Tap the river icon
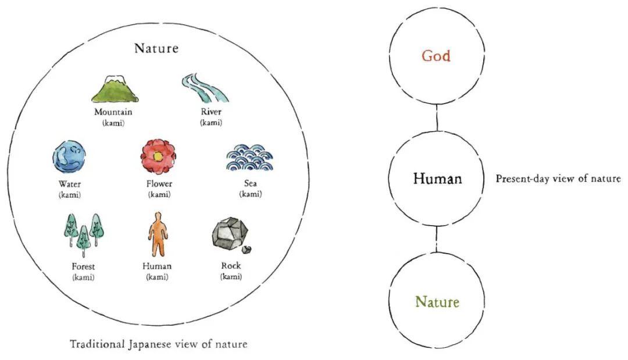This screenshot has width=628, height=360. (x=204, y=88)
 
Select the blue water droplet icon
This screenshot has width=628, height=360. (x=69, y=158)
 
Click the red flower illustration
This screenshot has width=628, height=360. (x=158, y=156)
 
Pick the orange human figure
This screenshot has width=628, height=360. (x=158, y=234)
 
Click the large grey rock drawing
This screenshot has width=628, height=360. (x=230, y=233)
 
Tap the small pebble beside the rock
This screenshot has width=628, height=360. (x=247, y=250)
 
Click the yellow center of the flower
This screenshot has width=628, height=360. (x=158, y=156)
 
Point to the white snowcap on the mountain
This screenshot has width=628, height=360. (x=115, y=79)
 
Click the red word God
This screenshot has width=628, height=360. (x=436, y=56)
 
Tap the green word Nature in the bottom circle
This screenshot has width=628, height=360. (x=437, y=302)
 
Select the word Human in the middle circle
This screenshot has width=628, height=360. (x=437, y=178)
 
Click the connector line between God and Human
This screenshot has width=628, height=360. (x=437, y=117)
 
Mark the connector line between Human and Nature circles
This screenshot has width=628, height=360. (x=437, y=239)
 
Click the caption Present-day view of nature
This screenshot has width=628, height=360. (x=558, y=179)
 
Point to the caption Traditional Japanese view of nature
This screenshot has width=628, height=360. (x=159, y=344)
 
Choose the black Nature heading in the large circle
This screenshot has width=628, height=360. (x=156, y=48)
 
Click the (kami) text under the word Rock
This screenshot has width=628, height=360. (x=231, y=276)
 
